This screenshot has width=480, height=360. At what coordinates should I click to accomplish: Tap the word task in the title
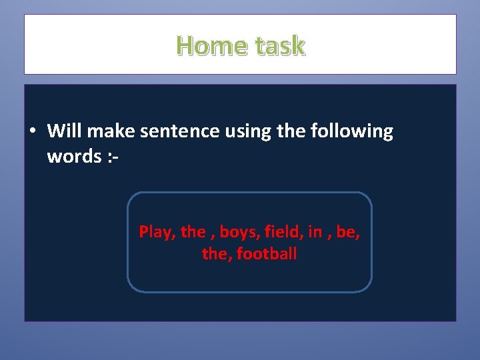point(279,45)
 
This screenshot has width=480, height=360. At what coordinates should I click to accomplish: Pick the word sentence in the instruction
point(173,131)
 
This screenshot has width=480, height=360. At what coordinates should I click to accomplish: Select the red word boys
point(239,233)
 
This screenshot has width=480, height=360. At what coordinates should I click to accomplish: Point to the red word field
point(283,232)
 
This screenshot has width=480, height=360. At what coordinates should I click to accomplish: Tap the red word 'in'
point(315,232)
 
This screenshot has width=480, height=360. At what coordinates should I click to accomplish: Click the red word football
point(266,254)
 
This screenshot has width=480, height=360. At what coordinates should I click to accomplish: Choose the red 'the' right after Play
point(193,232)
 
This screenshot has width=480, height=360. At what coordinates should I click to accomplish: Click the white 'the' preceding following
point(290,131)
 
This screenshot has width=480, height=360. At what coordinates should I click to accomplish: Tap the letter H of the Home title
point(185,45)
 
